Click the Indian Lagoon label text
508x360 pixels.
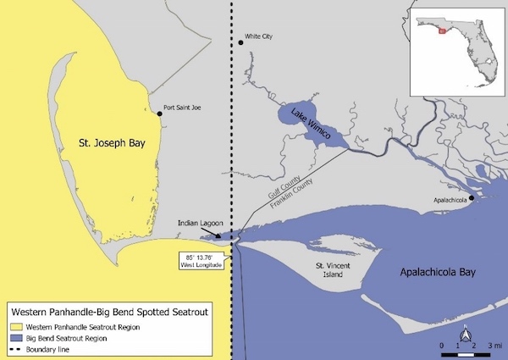pyautogui.click(x=199, y=224)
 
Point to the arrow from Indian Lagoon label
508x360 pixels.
pyautogui.click(x=213, y=234)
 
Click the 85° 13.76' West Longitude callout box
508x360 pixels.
pyautogui.click(x=201, y=260)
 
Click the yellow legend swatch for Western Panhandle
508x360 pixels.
pyautogui.click(x=18, y=326)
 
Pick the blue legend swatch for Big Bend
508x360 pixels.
pyautogui.click(x=18, y=337)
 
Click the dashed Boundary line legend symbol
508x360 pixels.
pyautogui.click(x=18, y=347)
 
